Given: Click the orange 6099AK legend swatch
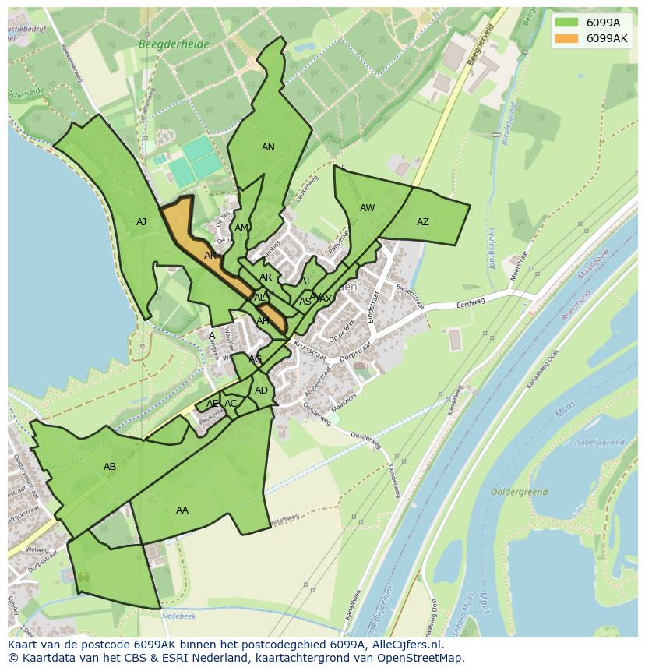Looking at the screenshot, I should [x=567, y=39].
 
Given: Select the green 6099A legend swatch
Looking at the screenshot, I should [x=567, y=23].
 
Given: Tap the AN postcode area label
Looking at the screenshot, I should [x=268, y=147].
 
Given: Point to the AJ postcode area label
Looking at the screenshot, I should [x=141, y=222].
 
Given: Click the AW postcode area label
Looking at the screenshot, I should [x=367, y=208].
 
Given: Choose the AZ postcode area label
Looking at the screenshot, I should [x=422, y=222].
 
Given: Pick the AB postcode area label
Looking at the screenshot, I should [x=110, y=467].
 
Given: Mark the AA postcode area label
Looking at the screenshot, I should [x=182, y=510].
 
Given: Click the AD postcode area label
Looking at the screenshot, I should [x=261, y=390].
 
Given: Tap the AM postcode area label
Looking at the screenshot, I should [x=241, y=228].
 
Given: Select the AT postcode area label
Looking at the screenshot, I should [x=305, y=281].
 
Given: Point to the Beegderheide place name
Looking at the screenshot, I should [x=174, y=44].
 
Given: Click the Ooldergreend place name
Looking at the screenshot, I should [x=520, y=493].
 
